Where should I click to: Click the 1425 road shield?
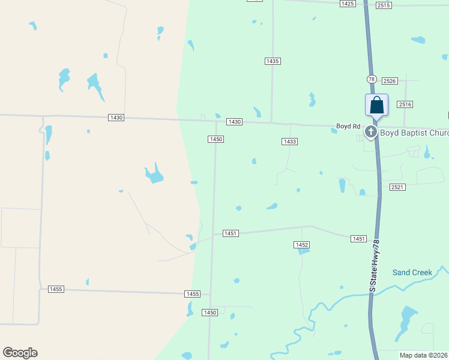coord(347,4)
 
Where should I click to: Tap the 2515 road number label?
coord(384,5)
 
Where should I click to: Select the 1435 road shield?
coord(273,61)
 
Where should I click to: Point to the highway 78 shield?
coord(372,79)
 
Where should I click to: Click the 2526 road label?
coord(390,81)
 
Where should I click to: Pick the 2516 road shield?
coord(405,104)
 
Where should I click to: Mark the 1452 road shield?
coord(301,245)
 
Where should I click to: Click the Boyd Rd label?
coord(348,127)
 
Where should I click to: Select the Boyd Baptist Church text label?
coord(414,133)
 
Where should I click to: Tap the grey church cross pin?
coord(371,131)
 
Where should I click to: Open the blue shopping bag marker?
coord(376,105)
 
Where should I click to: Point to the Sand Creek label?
coord(412,272)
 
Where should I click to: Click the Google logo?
coord(20,353)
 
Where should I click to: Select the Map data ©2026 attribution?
coord(423,355)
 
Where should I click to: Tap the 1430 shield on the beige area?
coord(116,118)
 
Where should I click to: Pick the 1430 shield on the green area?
coord(234,122)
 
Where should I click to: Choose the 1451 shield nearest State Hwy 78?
coord(358,239)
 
